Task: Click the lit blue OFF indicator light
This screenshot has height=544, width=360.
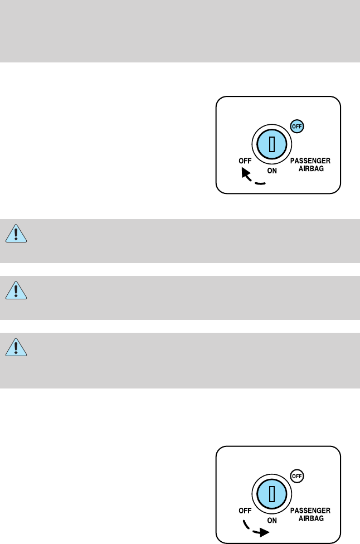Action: pyautogui.click(x=298, y=127)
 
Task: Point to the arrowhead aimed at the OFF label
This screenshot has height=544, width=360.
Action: pyautogui.click(x=245, y=174)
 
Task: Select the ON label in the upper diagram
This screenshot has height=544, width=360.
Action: pyautogui.click(x=271, y=171)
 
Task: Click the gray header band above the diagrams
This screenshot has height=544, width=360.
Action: pyautogui.click(x=180, y=31)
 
